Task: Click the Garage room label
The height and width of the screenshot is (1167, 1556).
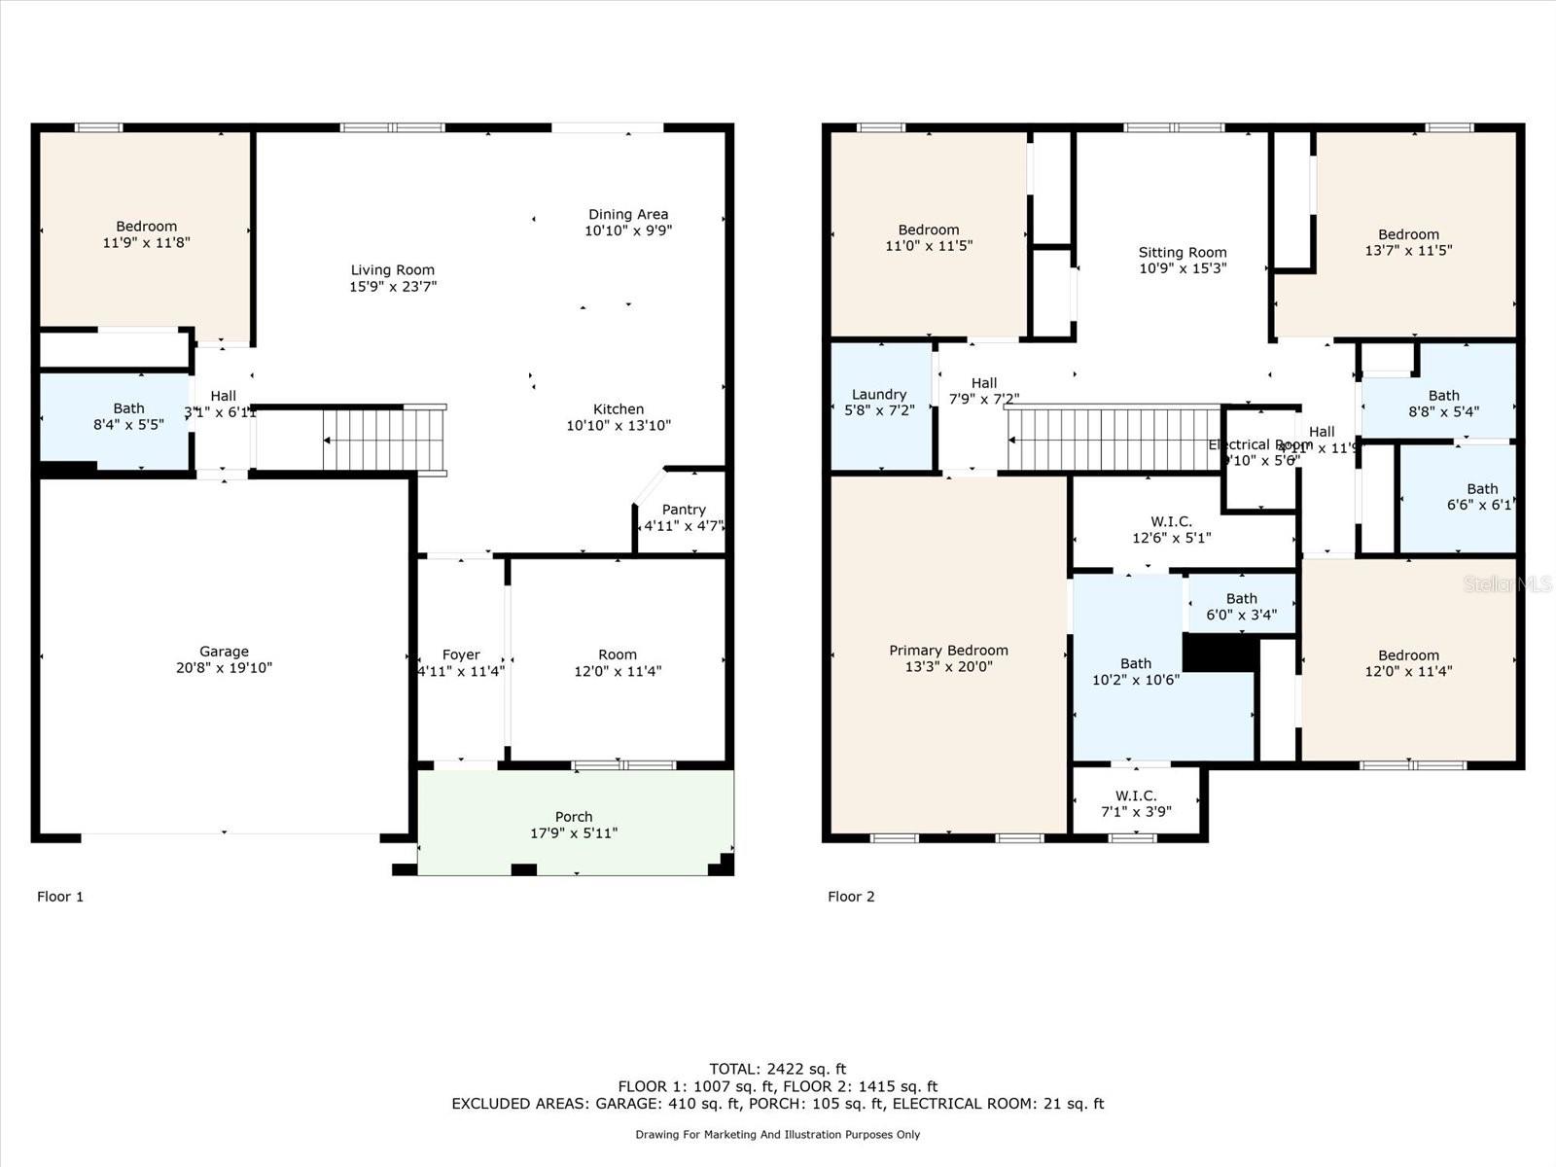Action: [x=225, y=652]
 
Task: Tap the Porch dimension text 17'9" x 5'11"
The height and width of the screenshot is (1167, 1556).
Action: [x=573, y=833]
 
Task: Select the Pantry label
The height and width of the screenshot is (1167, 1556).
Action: [x=684, y=510]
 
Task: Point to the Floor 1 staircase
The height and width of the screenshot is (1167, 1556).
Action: [x=383, y=440]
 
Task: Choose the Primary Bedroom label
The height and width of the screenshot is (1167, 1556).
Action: [x=948, y=651]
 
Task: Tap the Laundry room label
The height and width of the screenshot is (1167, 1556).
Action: [x=879, y=394]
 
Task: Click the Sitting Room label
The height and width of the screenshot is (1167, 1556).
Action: [x=1183, y=252]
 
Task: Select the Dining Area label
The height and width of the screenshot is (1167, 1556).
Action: [x=628, y=214]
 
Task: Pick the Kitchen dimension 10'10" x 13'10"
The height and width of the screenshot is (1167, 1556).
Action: [x=619, y=426]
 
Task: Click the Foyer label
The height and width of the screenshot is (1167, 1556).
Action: [x=461, y=654]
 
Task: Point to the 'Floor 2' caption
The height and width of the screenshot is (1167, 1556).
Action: [x=851, y=897]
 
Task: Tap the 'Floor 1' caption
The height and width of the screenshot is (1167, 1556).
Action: [x=60, y=897]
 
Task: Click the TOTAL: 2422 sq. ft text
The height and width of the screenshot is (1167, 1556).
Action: [x=777, y=1069]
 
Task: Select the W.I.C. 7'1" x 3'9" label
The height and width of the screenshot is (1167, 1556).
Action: [x=1136, y=803]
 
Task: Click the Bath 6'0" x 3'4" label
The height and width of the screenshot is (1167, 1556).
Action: [x=1242, y=606]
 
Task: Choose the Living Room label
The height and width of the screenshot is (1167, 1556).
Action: [x=393, y=270]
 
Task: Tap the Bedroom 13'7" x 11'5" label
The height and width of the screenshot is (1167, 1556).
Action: [x=1408, y=242]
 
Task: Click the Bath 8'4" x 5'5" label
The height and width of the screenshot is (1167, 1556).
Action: [x=128, y=416]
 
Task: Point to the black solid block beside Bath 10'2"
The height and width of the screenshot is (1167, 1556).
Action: [x=1221, y=653]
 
